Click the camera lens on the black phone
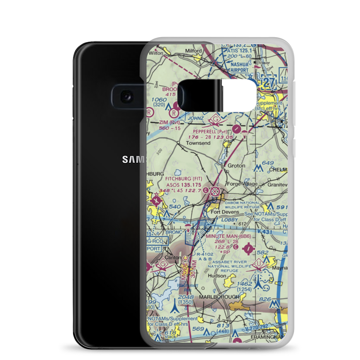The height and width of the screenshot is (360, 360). (x=126, y=96)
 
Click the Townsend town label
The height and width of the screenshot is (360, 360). (x=197, y=143)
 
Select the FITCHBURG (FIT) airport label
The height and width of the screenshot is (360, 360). (x=184, y=178)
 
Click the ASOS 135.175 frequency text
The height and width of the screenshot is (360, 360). (x=183, y=184)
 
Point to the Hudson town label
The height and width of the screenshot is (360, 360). (x=217, y=276)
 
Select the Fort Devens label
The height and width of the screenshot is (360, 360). (x=225, y=212)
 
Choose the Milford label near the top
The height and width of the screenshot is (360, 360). (x=193, y=51)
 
